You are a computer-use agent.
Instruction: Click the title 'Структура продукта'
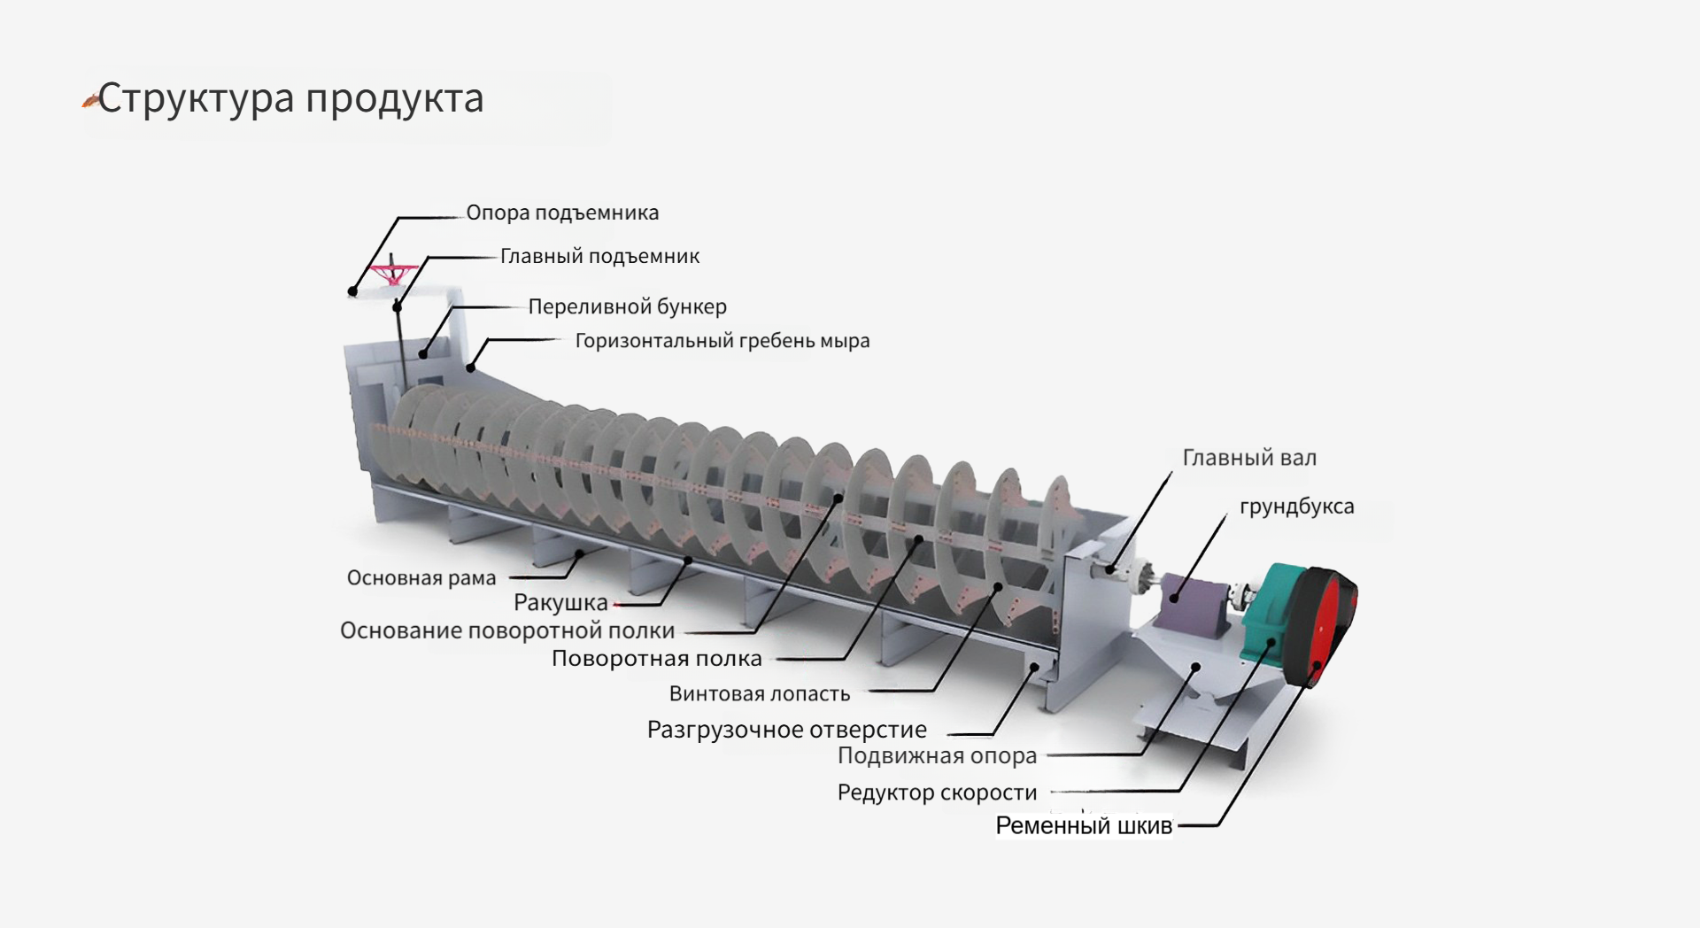pos(290,97)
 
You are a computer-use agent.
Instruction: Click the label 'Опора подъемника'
pos(562,213)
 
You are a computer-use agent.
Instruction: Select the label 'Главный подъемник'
pos(599,256)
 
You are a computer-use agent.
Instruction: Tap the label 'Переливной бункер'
pos(627,306)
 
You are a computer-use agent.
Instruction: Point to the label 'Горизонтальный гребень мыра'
pos(722,341)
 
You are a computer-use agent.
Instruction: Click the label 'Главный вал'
pos(1248,458)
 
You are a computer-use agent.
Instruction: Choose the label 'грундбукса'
pos(1296,507)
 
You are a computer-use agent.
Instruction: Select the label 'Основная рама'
pos(421,578)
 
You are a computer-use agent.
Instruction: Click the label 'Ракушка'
pos(560,603)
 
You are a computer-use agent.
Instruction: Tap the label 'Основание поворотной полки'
pos(507,630)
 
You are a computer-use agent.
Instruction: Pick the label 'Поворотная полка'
pos(656,659)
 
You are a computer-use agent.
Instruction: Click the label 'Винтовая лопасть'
pos(759,693)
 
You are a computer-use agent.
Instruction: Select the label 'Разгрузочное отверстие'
pos(786,730)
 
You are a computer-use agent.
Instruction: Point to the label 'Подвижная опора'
pos(937,756)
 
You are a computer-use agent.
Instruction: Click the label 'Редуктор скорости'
pos(937,793)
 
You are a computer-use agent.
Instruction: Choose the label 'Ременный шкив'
pos(1083,826)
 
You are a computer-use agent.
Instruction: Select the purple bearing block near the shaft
pos(1191,600)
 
